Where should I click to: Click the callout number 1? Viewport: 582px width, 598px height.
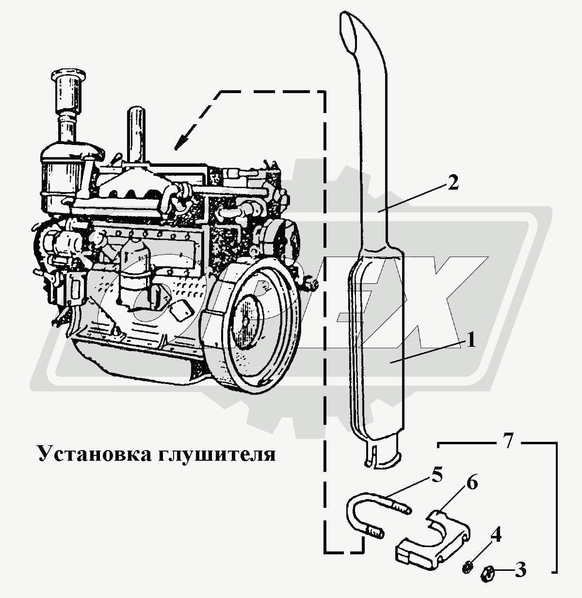point(470,340)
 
